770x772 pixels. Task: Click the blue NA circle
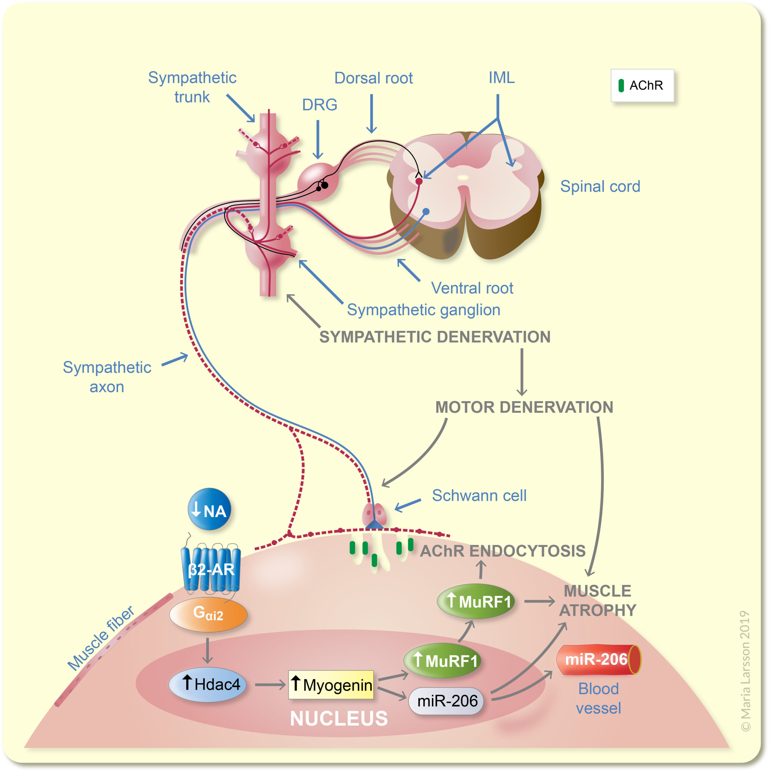[209, 509]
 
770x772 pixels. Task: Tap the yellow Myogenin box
[331, 685]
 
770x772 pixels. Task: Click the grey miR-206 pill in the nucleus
[446, 701]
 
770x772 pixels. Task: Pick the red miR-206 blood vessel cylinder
[598, 659]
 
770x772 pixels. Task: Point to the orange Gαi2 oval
[208, 614]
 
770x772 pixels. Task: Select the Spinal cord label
[600, 186]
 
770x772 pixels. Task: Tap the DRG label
[319, 105]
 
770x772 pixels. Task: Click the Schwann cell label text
[479, 495]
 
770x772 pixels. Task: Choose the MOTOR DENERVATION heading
[524, 407]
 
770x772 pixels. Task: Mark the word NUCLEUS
[339, 718]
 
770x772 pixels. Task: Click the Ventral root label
[472, 288]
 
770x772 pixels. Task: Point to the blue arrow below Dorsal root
[371, 114]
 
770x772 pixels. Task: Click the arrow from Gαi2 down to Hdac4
[207, 650]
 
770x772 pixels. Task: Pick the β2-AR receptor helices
[210, 569]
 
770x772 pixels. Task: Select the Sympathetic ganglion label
[423, 310]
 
